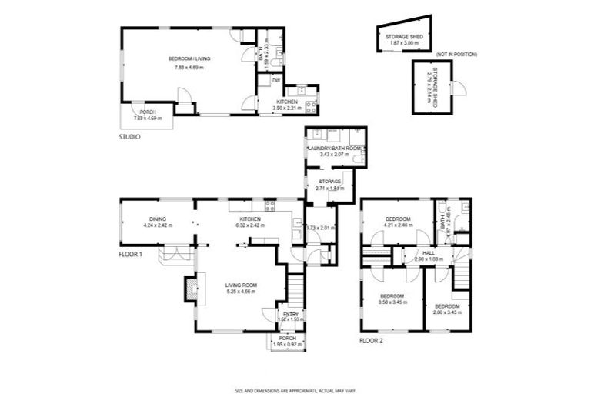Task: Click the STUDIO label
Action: (x=129, y=137)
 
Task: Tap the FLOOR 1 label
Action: (x=131, y=253)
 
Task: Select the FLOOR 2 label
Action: (x=372, y=339)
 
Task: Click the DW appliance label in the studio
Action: (x=275, y=80)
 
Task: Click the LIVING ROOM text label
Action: (x=241, y=285)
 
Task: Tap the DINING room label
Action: (x=157, y=219)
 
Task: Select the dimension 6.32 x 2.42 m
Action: (x=249, y=226)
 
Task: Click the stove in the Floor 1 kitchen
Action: (x=271, y=205)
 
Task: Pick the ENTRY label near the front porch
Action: (x=290, y=314)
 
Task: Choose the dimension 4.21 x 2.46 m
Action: (x=398, y=226)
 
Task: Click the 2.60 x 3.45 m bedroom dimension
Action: (x=446, y=312)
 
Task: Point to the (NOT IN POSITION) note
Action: (x=457, y=55)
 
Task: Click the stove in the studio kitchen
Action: (x=311, y=107)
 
